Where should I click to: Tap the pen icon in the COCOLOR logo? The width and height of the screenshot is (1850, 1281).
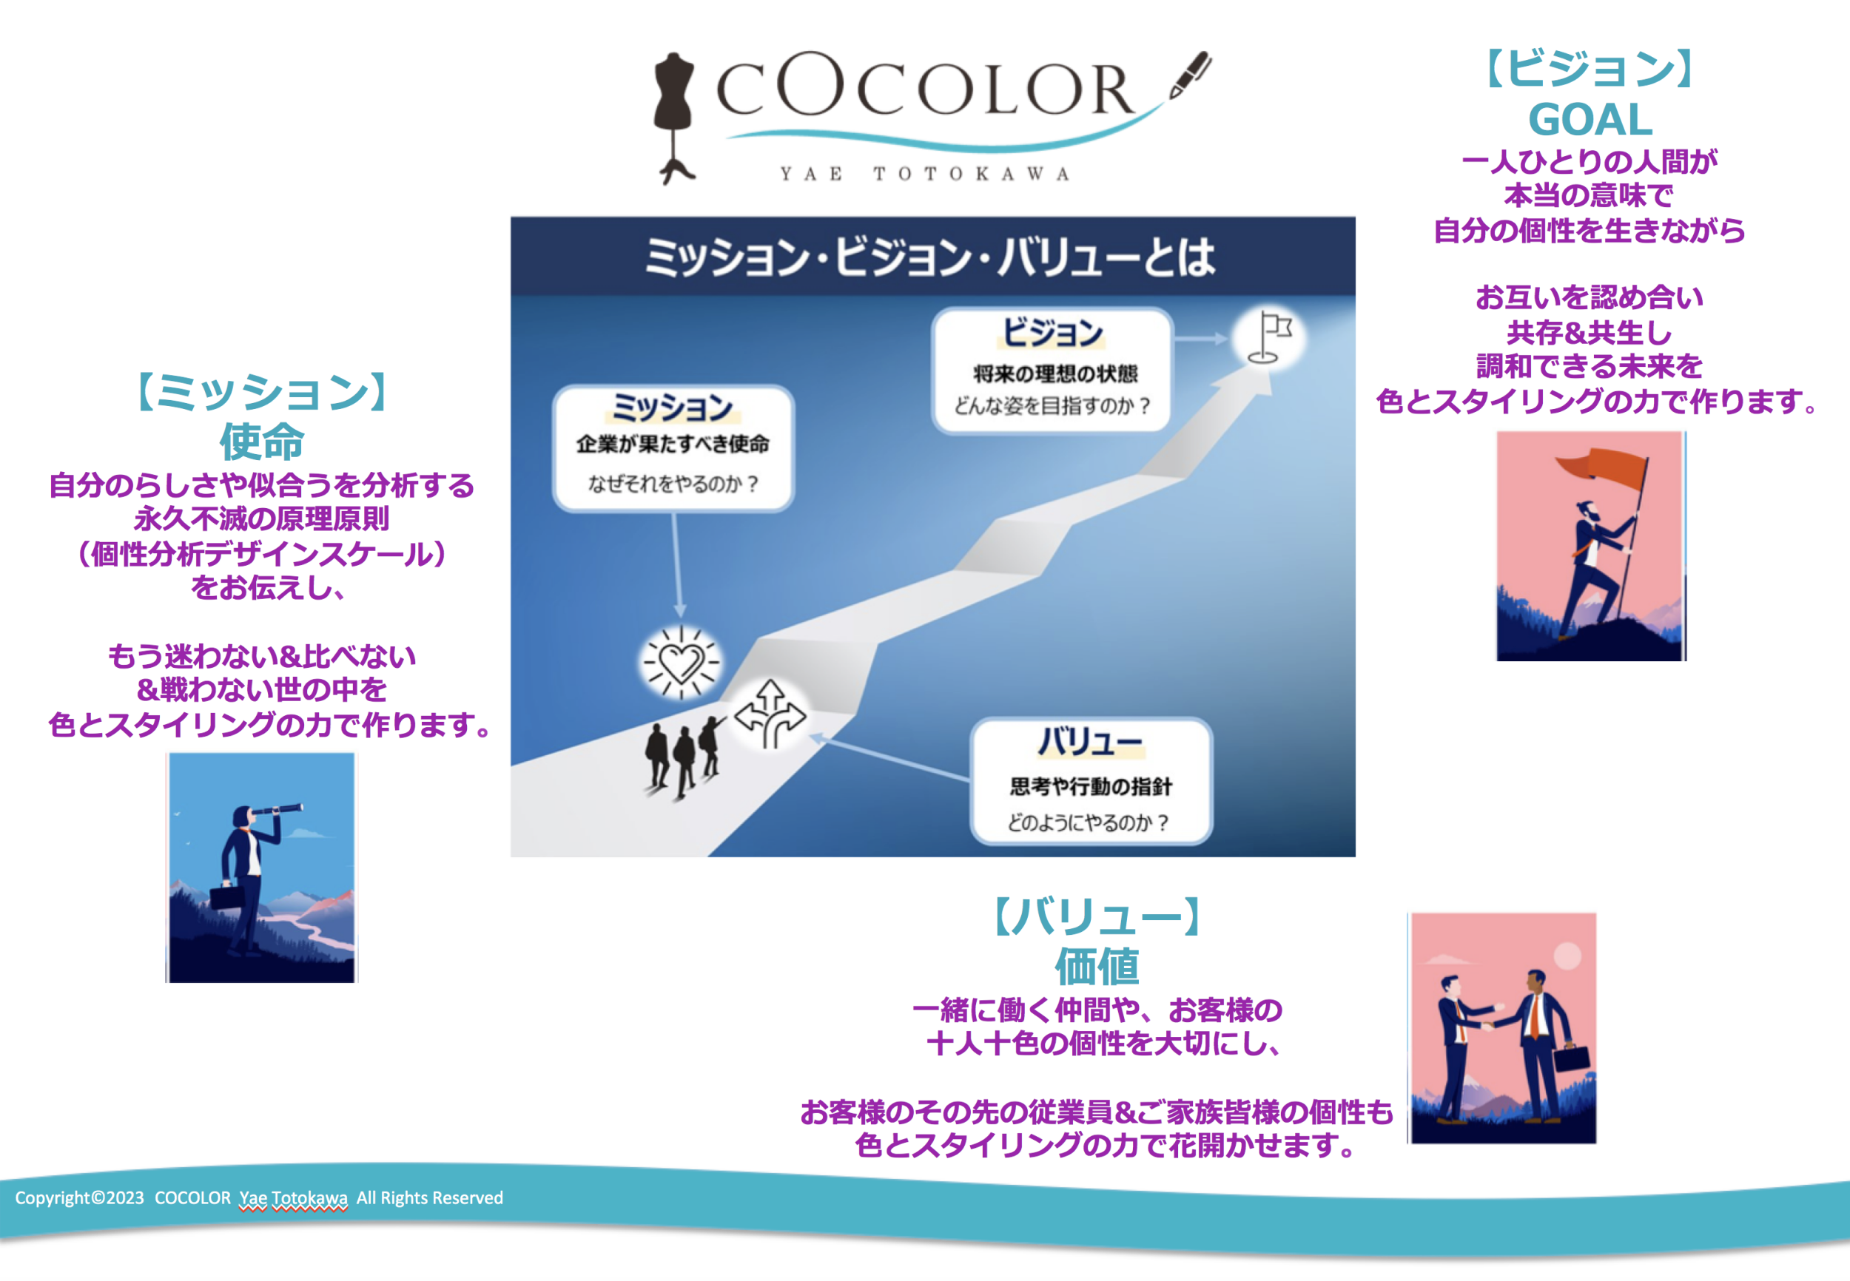tap(1190, 75)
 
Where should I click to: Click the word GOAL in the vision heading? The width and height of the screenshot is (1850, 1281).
tap(1590, 121)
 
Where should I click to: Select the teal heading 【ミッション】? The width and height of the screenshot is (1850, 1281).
tap(262, 393)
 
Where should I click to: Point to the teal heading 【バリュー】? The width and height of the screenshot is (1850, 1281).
tap(1097, 916)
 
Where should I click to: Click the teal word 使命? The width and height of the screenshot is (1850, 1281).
tap(262, 441)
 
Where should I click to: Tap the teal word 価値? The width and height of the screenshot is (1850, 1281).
tap(1097, 966)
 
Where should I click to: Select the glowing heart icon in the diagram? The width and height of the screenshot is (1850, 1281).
tap(681, 663)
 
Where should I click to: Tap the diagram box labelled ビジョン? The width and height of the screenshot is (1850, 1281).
tap(1052, 370)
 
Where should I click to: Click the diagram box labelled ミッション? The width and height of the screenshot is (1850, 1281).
tap(673, 448)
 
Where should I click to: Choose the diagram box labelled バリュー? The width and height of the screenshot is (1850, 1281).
tap(1091, 781)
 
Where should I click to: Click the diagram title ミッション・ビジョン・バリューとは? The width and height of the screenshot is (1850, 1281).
tap(932, 257)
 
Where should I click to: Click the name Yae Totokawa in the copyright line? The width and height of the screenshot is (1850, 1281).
tap(293, 1198)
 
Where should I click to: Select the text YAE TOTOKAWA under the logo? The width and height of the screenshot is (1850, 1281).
tap(925, 174)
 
